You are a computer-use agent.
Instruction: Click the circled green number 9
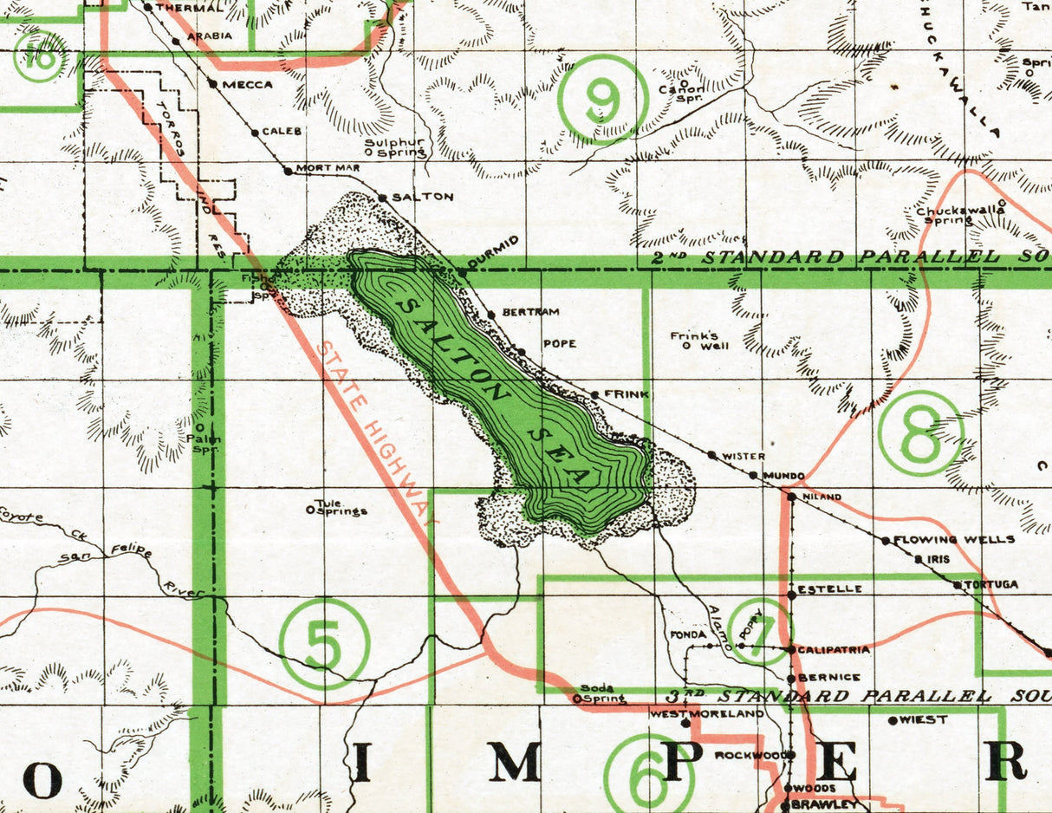point(603,100)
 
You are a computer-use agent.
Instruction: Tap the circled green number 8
point(920,433)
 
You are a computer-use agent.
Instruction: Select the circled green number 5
point(324,644)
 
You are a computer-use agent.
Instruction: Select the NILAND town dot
point(790,497)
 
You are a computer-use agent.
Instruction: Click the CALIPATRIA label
point(834,649)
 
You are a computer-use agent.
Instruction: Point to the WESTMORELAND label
point(706,714)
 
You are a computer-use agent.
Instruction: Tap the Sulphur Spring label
point(395,147)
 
